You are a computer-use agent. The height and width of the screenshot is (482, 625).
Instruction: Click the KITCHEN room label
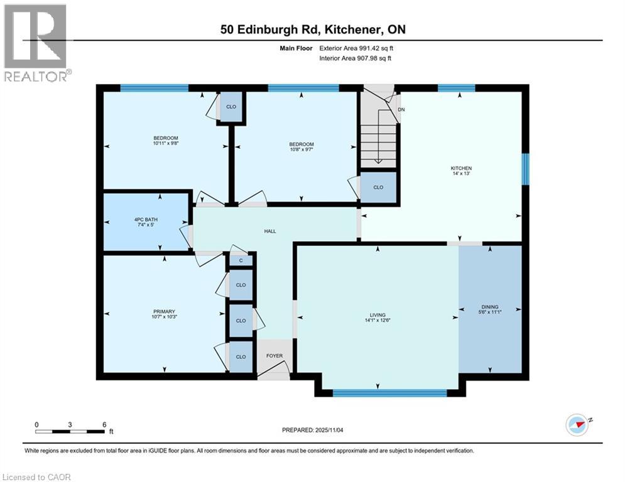point(460,168)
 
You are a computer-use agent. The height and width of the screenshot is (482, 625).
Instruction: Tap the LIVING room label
point(377,315)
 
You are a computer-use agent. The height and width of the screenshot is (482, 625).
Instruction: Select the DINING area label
point(489,307)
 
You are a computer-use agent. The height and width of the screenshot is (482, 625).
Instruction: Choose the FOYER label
point(274,356)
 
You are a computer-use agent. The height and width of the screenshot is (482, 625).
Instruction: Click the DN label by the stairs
point(401,110)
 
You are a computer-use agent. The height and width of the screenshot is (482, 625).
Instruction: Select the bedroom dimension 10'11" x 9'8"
point(166,144)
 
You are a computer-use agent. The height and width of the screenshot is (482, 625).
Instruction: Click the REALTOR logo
point(36,43)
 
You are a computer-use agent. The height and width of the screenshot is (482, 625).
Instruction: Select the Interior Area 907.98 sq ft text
point(355,58)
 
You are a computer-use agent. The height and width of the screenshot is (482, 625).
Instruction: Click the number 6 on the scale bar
point(104,425)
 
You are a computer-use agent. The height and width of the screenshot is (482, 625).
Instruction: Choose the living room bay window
point(389,393)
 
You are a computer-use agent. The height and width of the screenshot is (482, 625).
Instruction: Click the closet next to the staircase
point(378,187)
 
